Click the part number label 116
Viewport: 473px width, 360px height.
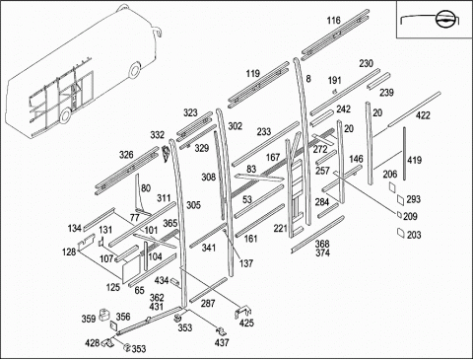333,21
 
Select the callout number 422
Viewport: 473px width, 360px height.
423,115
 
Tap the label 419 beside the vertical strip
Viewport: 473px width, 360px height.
414,160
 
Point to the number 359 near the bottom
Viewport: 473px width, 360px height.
89,319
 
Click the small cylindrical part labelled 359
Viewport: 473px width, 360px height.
104,314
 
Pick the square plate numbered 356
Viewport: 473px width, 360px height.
113,326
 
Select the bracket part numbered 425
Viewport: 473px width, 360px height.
242,313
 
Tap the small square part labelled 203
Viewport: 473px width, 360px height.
400,233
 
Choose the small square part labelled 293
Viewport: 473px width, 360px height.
400,199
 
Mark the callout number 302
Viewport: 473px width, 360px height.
235,126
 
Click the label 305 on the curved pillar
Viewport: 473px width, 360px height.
193,205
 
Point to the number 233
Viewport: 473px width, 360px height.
264,131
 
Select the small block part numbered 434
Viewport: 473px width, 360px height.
175,283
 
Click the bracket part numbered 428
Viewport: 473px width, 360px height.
107,342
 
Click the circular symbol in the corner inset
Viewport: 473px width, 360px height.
442,19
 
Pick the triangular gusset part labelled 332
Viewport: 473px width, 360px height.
166,154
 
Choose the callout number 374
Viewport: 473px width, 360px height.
322,252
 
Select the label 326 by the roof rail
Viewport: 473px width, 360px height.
126,155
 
